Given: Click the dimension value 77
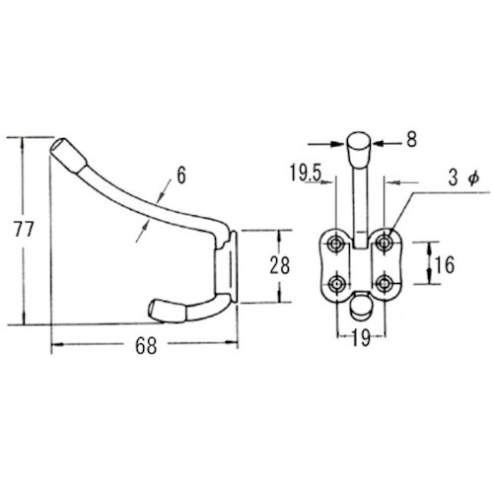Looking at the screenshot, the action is pyautogui.click(x=24, y=229).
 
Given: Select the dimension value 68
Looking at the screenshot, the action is pyautogui.click(x=146, y=346).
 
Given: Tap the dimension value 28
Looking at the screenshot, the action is pyautogui.click(x=280, y=265).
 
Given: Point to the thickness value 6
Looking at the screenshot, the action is pyautogui.click(x=181, y=175).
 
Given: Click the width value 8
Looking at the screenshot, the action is pyautogui.click(x=411, y=139).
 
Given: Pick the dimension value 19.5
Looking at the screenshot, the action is pyautogui.click(x=305, y=173).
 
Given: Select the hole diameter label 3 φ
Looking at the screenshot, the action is pyautogui.click(x=463, y=178).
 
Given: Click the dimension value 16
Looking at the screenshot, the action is pyautogui.click(x=445, y=264).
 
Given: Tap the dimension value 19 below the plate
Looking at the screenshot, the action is pyautogui.click(x=361, y=337).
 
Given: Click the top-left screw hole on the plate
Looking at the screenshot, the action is pyautogui.click(x=336, y=244).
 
